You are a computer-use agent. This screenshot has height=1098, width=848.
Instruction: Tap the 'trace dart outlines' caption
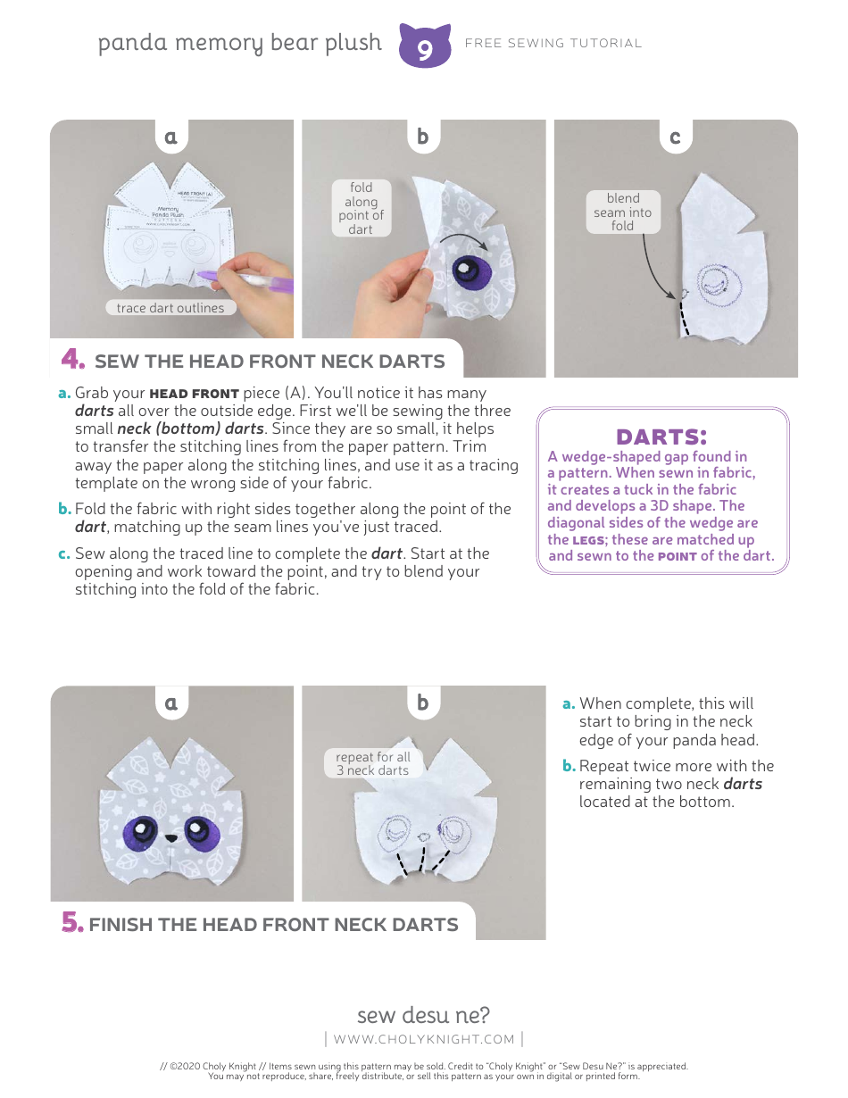(x=170, y=308)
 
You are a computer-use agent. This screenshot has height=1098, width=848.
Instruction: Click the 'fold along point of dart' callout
(x=361, y=209)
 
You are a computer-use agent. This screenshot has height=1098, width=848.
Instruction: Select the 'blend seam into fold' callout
(x=623, y=212)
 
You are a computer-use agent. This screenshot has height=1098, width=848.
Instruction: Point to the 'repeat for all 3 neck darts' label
(x=372, y=763)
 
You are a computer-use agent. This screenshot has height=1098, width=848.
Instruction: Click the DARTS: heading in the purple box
(x=661, y=437)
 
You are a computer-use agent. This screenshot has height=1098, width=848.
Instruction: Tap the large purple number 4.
(x=72, y=360)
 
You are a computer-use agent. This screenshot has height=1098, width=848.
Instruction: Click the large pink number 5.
(x=72, y=923)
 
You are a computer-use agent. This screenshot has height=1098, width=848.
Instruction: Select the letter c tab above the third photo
(x=675, y=137)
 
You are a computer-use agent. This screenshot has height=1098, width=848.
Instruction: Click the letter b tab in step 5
(x=423, y=703)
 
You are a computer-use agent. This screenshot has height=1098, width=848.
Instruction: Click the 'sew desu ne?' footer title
(x=423, y=1015)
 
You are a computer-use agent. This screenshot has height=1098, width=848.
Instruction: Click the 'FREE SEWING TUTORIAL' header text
(x=553, y=43)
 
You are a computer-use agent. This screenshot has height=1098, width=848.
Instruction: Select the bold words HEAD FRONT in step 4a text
(x=194, y=394)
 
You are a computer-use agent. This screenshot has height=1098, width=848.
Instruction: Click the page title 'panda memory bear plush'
(x=239, y=43)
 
